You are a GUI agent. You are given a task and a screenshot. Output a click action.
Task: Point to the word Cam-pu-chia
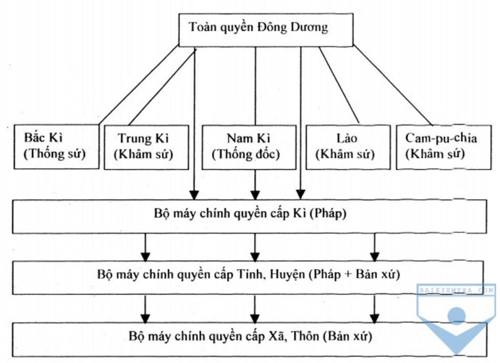click(x=441, y=139)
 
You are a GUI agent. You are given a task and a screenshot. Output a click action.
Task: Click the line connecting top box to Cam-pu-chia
click(x=393, y=85)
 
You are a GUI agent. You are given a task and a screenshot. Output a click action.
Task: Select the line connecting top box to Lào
click(x=339, y=85)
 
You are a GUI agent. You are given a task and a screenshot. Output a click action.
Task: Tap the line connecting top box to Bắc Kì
click(x=138, y=85)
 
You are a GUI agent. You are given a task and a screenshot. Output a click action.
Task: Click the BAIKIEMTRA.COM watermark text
click(x=457, y=290)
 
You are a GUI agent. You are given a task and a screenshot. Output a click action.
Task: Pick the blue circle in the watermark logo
click(x=457, y=315)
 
